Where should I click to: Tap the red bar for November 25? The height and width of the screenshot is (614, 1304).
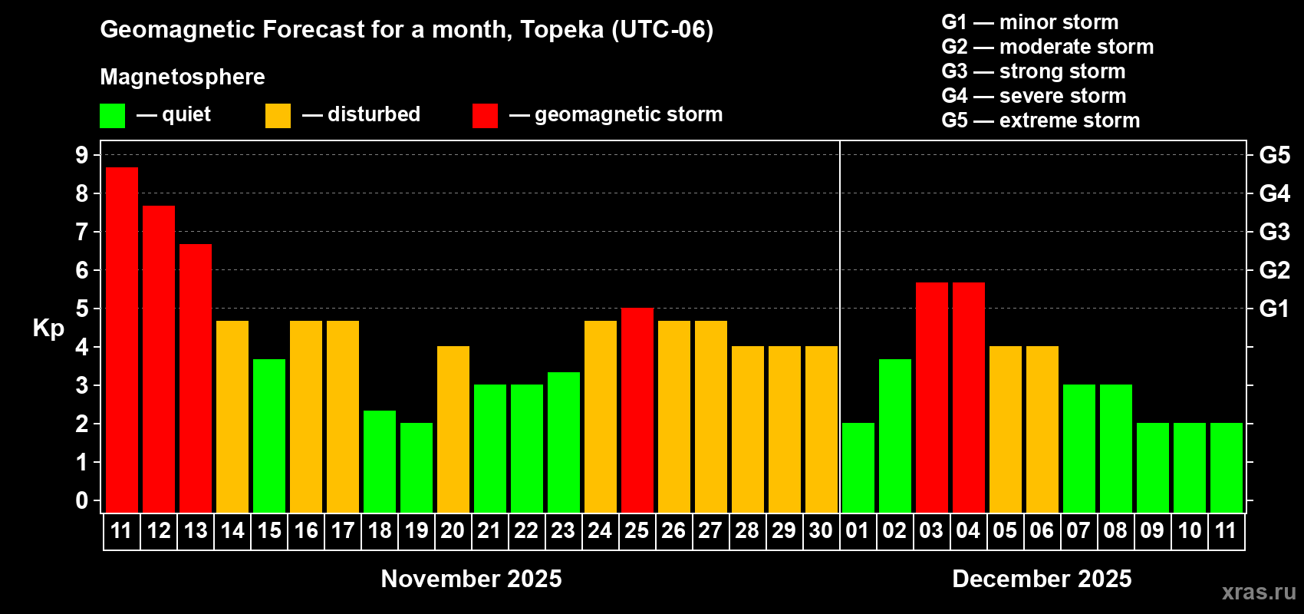pyautogui.click(x=637, y=410)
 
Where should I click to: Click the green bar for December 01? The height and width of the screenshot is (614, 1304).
pyautogui.click(x=858, y=467)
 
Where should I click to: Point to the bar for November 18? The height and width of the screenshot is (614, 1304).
pyautogui.click(x=380, y=461)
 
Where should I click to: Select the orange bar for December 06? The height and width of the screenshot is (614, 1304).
pyautogui.click(x=1042, y=429)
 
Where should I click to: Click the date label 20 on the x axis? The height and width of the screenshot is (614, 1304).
pyautogui.click(x=453, y=530)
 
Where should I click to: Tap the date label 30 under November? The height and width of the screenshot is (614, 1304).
pyautogui.click(x=821, y=530)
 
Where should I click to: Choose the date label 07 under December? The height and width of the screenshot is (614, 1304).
pyautogui.click(x=1078, y=530)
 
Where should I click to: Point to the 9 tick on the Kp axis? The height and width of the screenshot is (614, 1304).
pyautogui.click(x=82, y=155)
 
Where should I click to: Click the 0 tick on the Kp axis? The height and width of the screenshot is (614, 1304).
pyautogui.click(x=82, y=500)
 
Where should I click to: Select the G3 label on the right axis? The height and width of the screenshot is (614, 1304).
pyautogui.click(x=1274, y=232)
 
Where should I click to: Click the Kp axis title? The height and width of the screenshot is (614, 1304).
pyautogui.click(x=48, y=328)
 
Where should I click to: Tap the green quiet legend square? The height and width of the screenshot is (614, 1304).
pyautogui.click(x=113, y=115)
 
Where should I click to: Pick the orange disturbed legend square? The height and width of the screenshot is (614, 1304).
pyautogui.click(x=278, y=115)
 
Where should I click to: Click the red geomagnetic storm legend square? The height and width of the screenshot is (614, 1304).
pyautogui.click(x=485, y=115)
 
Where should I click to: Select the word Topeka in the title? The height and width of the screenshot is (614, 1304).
pyautogui.click(x=561, y=29)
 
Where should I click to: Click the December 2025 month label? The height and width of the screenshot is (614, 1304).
pyautogui.click(x=1042, y=579)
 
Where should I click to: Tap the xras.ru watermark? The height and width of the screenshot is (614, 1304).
pyautogui.click(x=1259, y=592)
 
